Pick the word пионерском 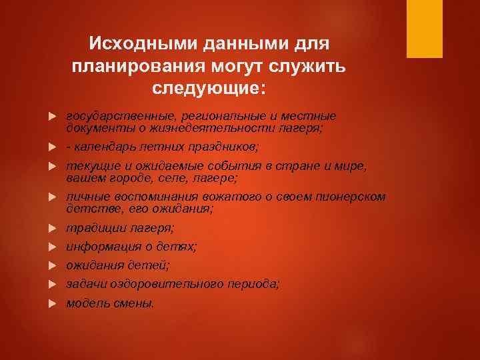(353, 197)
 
